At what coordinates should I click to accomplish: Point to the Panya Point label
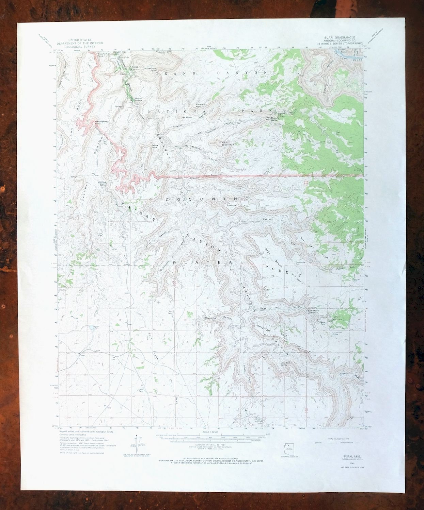(154, 147)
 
